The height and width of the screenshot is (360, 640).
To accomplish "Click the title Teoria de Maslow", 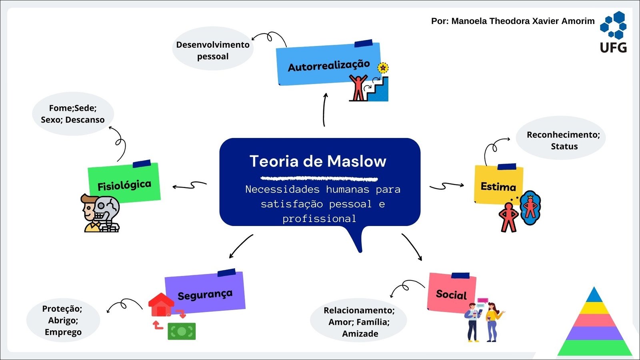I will click(318, 161).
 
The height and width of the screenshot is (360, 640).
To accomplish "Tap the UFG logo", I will click(613, 32).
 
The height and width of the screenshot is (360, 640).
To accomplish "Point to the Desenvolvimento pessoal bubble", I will click(213, 50).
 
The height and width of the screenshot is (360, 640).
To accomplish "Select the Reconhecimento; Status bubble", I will click(563, 140).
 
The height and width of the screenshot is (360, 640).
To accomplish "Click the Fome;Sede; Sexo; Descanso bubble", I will click(73, 114).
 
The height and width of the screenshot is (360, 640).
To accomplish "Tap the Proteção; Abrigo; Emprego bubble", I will click(63, 320).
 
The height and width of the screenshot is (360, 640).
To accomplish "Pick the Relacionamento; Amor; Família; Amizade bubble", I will click(359, 321).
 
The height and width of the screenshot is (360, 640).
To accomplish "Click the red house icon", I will click(161, 305).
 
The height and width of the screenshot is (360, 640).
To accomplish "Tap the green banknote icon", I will click(182, 331).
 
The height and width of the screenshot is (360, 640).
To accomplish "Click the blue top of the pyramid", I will click(594, 296).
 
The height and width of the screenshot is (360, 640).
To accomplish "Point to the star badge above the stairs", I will click(383, 68).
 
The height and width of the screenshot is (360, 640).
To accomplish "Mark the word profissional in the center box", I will click(319, 219).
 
